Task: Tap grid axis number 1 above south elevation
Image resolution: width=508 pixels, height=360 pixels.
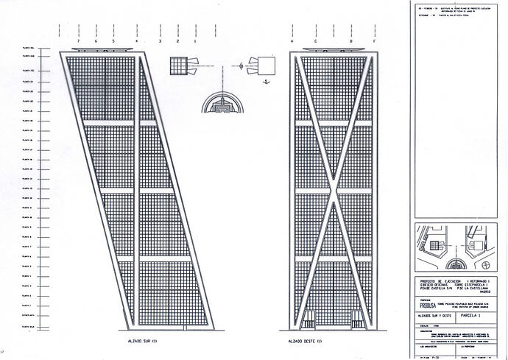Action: point(195,42)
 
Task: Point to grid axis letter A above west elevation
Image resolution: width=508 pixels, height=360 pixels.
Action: point(293,42)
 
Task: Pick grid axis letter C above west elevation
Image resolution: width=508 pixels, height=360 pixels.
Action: point(314,42)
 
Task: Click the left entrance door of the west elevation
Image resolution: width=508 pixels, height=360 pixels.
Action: point(308,320)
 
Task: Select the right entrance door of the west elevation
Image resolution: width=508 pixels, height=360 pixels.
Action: point(358,320)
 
